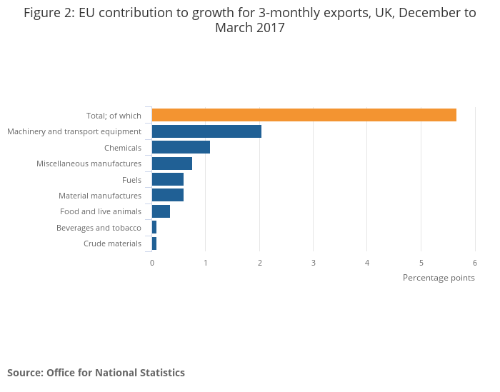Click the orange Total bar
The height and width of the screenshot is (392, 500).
[304, 115]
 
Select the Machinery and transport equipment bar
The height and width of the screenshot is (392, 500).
[206, 131]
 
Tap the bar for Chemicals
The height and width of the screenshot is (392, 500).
[181, 147]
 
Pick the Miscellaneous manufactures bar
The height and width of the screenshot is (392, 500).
[171, 164]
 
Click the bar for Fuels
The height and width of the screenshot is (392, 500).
[167, 179]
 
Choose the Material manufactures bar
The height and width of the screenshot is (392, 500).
[167, 196]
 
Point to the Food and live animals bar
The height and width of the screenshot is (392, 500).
[161, 211]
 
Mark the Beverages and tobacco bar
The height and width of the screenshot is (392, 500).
[154, 228]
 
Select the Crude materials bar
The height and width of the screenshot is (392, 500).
[154, 243]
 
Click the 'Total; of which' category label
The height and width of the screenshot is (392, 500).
[114, 116]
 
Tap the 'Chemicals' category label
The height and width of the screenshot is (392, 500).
[123, 148]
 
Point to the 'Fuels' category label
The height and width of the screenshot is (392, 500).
[131, 180]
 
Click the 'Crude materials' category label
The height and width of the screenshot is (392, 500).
[112, 244]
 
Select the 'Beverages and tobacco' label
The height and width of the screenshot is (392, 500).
[99, 228]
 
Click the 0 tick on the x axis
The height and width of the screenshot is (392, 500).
[152, 263]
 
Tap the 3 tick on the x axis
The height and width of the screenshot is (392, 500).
[314, 263]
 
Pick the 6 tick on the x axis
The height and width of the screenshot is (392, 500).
[474, 263]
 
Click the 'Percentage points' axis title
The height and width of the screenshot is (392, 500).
[439, 278]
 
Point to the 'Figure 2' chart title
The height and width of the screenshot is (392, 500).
[250, 21]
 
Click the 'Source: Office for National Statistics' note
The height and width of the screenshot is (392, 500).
[96, 373]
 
